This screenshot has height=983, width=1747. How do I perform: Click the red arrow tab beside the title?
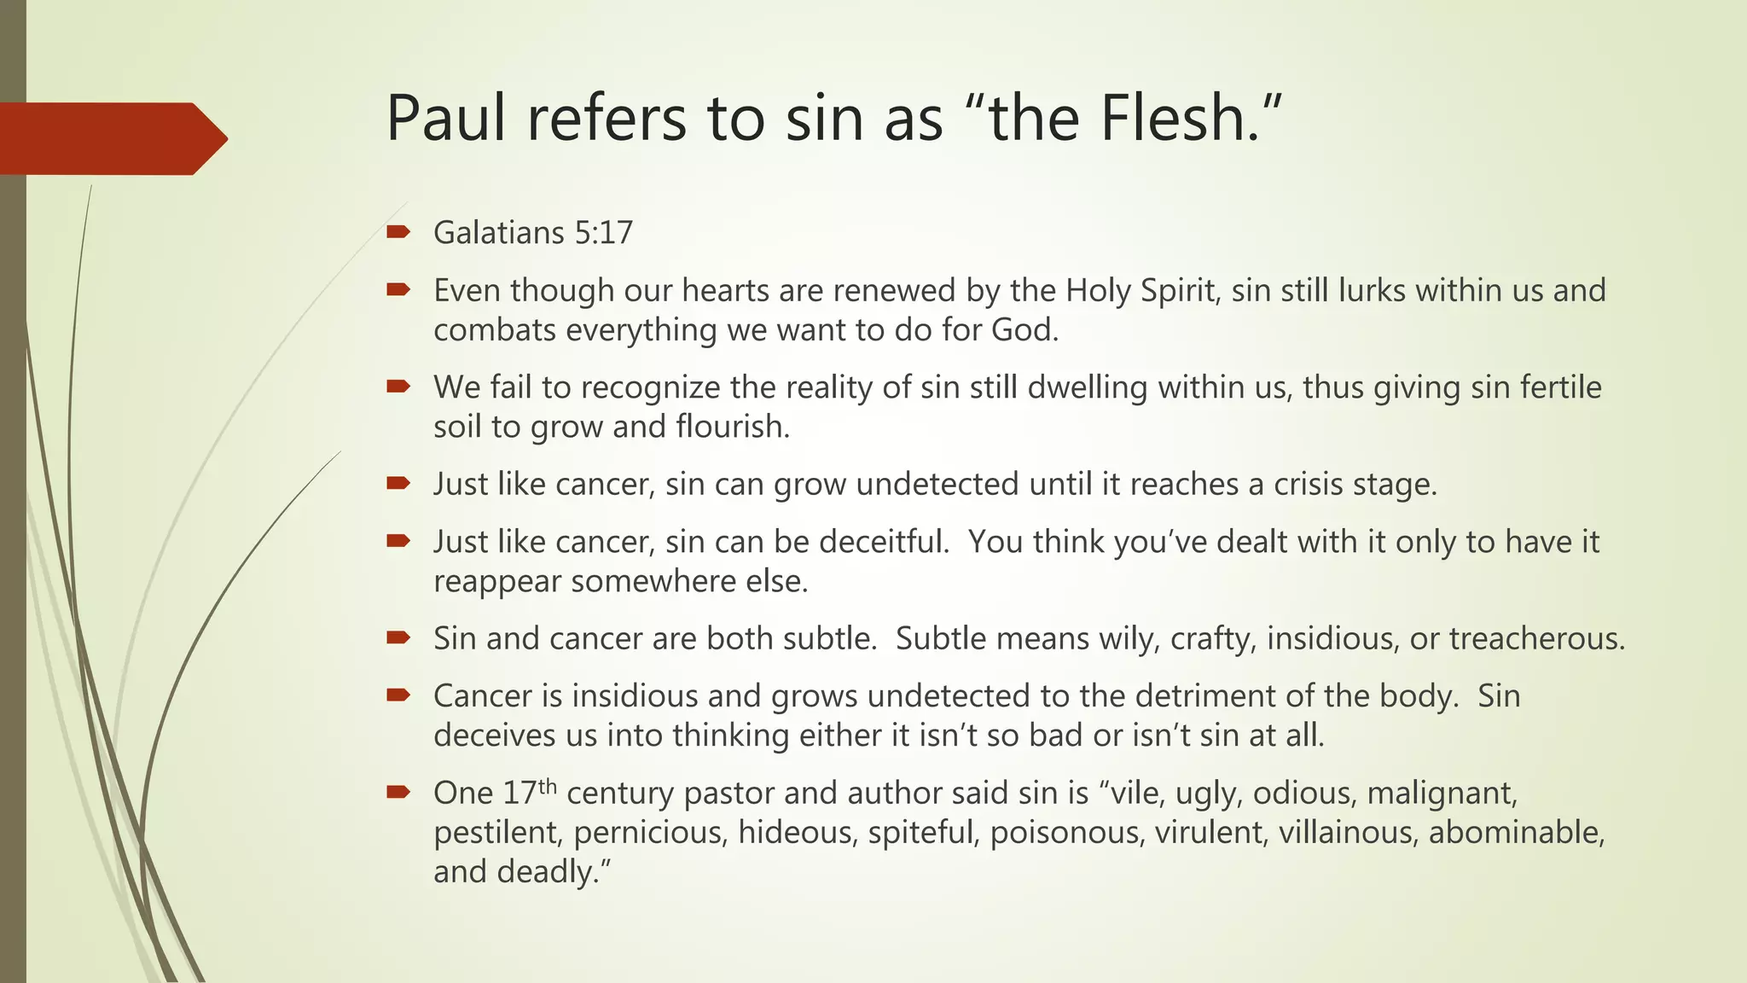point(111,138)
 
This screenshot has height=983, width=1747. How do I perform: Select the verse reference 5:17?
point(603,233)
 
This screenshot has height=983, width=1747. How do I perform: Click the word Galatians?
point(499,233)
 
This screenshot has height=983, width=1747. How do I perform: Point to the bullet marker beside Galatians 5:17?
point(398,232)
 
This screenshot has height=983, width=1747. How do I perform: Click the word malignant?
point(1442,794)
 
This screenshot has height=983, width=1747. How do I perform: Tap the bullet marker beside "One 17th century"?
point(398,793)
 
